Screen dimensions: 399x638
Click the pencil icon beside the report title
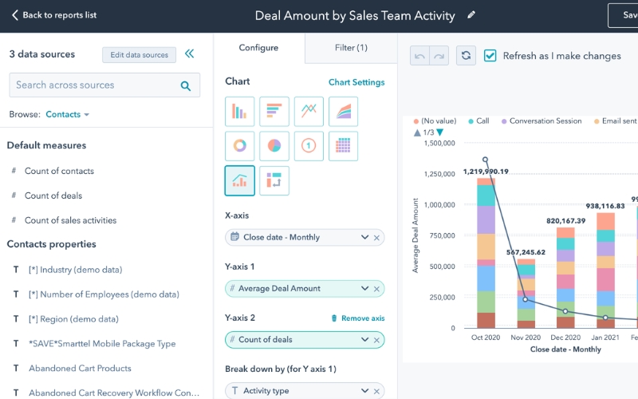[471, 15]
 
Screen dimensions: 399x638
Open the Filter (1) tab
[351, 48]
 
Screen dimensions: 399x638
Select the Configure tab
[259, 48]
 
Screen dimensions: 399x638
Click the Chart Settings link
[356, 82]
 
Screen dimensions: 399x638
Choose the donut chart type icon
[240, 146]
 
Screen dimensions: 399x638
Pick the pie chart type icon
[274, 146]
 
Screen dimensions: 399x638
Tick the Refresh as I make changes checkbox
[490, 56]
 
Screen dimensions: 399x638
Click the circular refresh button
[466, 55]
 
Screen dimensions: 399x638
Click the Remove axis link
[357, 318]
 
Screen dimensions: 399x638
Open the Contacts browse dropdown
[67, 115]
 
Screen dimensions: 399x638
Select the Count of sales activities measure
[70, 220]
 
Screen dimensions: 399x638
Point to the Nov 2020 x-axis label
[526, 338]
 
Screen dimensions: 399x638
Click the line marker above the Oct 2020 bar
[486, 160]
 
